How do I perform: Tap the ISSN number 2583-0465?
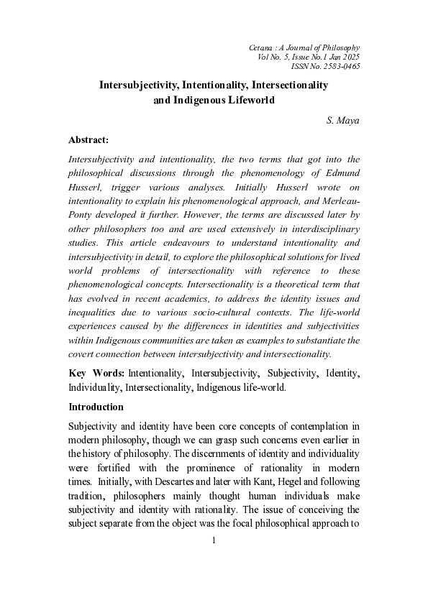[x=342, y=66]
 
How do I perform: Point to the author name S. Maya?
[x=342, y=121]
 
